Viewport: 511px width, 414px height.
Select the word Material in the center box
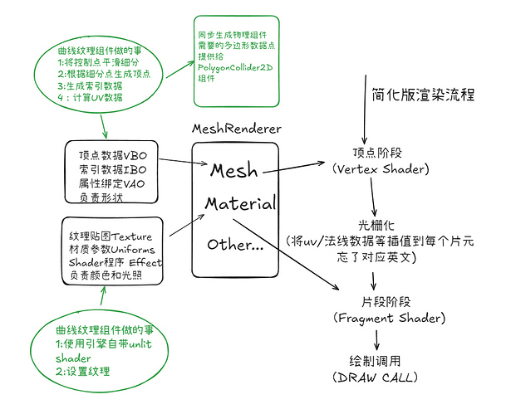coord(240,205)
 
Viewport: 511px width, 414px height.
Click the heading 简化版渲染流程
coord(423,94)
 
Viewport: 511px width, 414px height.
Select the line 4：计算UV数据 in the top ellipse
coord(91,97)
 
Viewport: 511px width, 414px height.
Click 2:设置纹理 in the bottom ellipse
coord(82,371)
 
